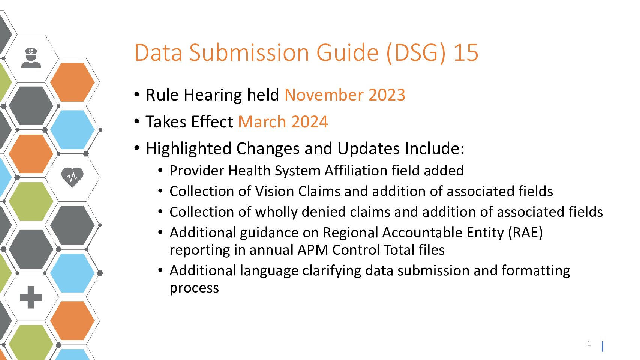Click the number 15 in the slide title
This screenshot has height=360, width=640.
pyautogui.click(x=466, y=53)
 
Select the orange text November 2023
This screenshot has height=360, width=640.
pyautogui.click(x=345, y=95)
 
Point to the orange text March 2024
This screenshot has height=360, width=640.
pyautogui.click(x=283, y=122)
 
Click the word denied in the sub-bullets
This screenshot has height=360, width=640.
pyautogui.click(x=324, y=212)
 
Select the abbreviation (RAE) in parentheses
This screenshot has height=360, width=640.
pyautogui.click(x=525, y=233)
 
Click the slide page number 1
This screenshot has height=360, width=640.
pyautogui.click(x=589, y=344)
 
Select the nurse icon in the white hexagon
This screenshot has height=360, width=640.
pyautogui.click(x=31, y=58)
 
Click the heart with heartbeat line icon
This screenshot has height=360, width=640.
pyautogui.click(x=72, y=177)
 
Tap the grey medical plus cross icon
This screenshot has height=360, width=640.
pyautogui.click(x=31, y=297)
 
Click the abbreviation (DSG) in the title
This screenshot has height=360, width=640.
pyautogui.click(x=416, y=53)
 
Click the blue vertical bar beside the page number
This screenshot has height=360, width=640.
pyautogui.click(x=602, y=346)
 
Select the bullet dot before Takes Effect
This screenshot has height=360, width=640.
pyautogui.click(x=137, y=121)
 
